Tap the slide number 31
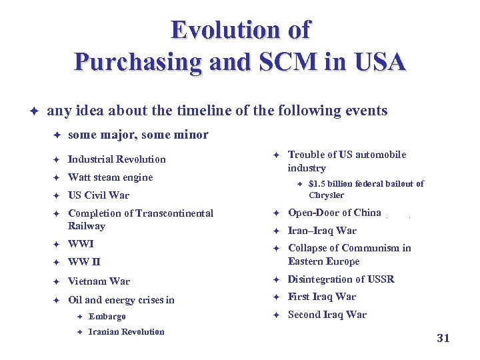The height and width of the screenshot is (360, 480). [x=443, y=338]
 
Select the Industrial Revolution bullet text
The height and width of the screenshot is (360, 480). [x=117, y=159]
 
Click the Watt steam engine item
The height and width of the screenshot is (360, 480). [x=110, y=177]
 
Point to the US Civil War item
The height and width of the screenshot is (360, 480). [x=99, y=195]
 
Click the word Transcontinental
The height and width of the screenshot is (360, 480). [x=175, y=213]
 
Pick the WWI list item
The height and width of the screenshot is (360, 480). [x=81, y=244]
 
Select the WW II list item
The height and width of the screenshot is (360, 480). [x=84, y=262]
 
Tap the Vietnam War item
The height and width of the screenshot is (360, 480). [x=99, y=281]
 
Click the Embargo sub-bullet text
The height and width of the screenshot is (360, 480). [x=107, y=317]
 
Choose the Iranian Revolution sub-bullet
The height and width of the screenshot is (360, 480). [x=126, y=332]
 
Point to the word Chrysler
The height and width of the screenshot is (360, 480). [x=326, y=195]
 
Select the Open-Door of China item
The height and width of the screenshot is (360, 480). [x=334, y=213]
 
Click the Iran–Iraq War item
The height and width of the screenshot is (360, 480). [x=322, y=231]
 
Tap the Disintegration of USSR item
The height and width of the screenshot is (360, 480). [x=341, y=279]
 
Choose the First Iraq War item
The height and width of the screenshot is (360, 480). [x=321, y=297]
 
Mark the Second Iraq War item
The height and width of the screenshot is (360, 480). [x=327, y=315]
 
